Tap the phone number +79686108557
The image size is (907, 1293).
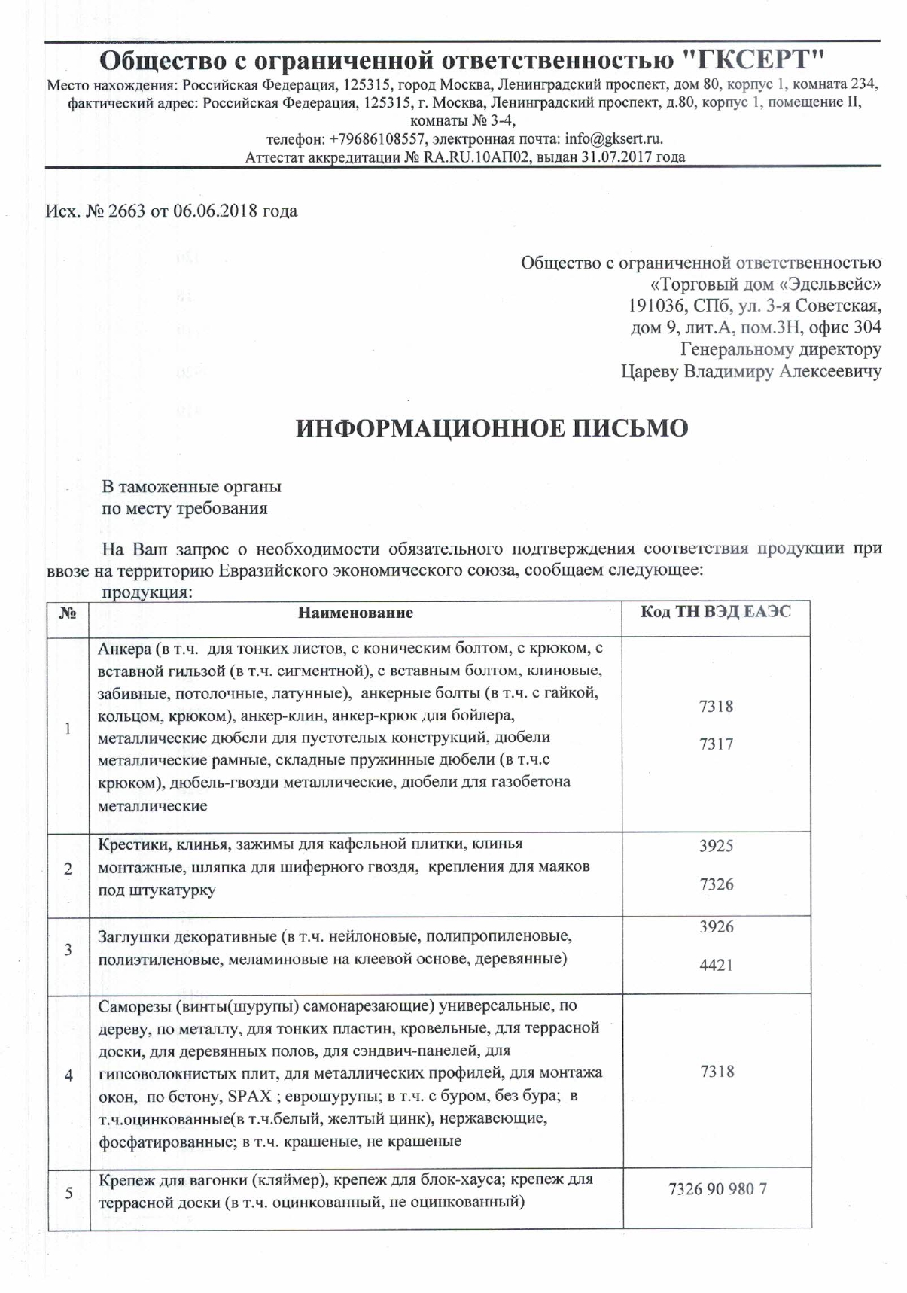tap(379, 139)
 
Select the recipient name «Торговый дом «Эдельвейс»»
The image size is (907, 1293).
tap(765, 284)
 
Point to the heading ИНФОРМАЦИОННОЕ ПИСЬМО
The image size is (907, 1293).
tap(492, 428)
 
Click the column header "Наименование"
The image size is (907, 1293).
tap(355, 613)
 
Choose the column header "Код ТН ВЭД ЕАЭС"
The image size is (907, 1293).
tap(716, 611)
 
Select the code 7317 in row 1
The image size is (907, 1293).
tap(716, 744)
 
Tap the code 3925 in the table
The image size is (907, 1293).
tap(716, 846)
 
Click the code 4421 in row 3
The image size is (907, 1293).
tap(716, 965)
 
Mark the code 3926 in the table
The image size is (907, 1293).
tap(716, 927)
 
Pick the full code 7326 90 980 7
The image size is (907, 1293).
tap(717, 1190)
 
